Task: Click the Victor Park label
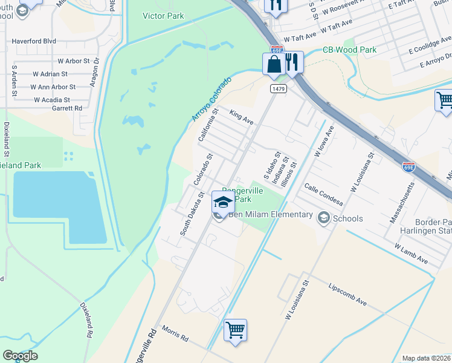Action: [x=163, y=16]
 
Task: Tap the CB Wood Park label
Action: [x=349, y=50]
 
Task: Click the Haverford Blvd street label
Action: [x=34, y=42]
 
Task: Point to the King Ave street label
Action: [x=241, y=117]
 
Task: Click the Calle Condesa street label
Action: [x=323, y=194]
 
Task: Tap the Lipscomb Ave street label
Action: [x=347, y=293]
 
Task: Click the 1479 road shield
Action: [x=278, y=89]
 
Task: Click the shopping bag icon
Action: [x=273, y=64]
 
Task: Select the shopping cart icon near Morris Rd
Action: [x=235, y=330]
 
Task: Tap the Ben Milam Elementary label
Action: [x=270, y=215]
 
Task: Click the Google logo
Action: [x=20, y=356]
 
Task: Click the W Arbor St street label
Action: [x=73, y=61]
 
